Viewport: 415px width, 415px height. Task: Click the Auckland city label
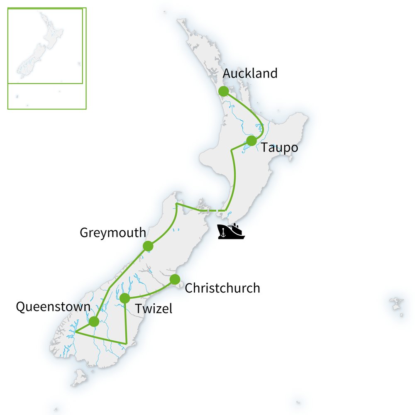tap(250, 74)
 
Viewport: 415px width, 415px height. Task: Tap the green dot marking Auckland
tap(224, 91)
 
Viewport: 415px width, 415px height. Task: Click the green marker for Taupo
tap(251, 141)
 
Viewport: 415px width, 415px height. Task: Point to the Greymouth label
tap(112, 233)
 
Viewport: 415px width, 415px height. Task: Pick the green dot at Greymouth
tap(148, 246)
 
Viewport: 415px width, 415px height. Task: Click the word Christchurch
tap(222, 288)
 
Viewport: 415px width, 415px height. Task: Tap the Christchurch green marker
tap(175, 279)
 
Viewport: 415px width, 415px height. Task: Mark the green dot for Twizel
tap(124, 298)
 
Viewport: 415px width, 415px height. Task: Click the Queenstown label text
tap(53, 308)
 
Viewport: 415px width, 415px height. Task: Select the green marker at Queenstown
tap(94, 321)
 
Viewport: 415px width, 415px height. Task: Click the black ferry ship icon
tap(232, 232)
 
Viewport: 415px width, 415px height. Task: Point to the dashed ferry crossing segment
tap(214, 211)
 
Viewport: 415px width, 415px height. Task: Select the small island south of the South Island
tap(79, 378)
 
